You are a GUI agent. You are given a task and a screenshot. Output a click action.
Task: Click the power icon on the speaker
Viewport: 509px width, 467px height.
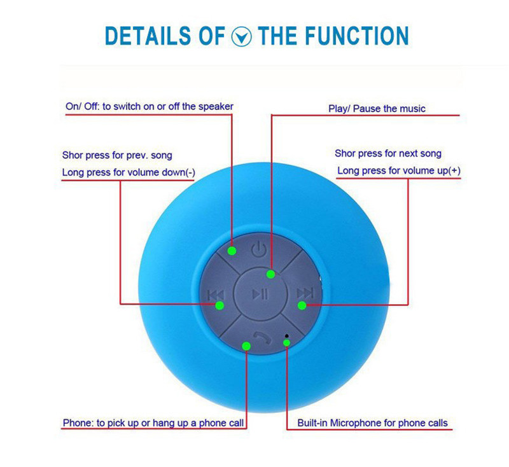pyautogui.click(x=258, y=249)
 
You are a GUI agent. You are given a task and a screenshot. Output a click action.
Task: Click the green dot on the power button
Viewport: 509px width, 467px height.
pyautogui.click(x=232, y=251)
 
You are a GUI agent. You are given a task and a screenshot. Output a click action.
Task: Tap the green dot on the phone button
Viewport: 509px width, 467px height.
pyautogui.click(x=247, y=345)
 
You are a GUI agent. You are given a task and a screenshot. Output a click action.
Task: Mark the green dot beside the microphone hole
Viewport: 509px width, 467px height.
pyautogui.click(x=287, y=343)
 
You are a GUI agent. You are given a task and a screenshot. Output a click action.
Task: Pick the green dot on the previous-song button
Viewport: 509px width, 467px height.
pyautogui.click(x=220, y=305)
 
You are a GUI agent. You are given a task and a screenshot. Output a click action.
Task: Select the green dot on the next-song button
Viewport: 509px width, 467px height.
pyautogui.click(x=302, y=305)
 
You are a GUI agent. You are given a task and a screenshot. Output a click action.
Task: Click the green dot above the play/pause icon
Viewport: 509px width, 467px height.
pyautogui.click(x=271, y=274)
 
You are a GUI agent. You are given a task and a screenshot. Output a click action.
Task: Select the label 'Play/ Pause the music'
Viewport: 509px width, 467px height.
pyautogui.click(x=377, y=109)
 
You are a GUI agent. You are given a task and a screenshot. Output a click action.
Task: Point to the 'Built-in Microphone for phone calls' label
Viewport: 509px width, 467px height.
pyautogui.click(x=372, y=422)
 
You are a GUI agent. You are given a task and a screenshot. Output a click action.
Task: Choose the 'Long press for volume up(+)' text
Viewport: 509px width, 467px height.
pyautogui.click(x=398, y=171)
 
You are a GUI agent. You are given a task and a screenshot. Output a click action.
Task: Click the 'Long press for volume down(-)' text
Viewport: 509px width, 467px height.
pyautogui.click(x=129, y=172)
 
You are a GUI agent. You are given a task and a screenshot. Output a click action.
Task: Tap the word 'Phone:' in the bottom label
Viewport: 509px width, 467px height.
pyautogui.click(x=77, y=422)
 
